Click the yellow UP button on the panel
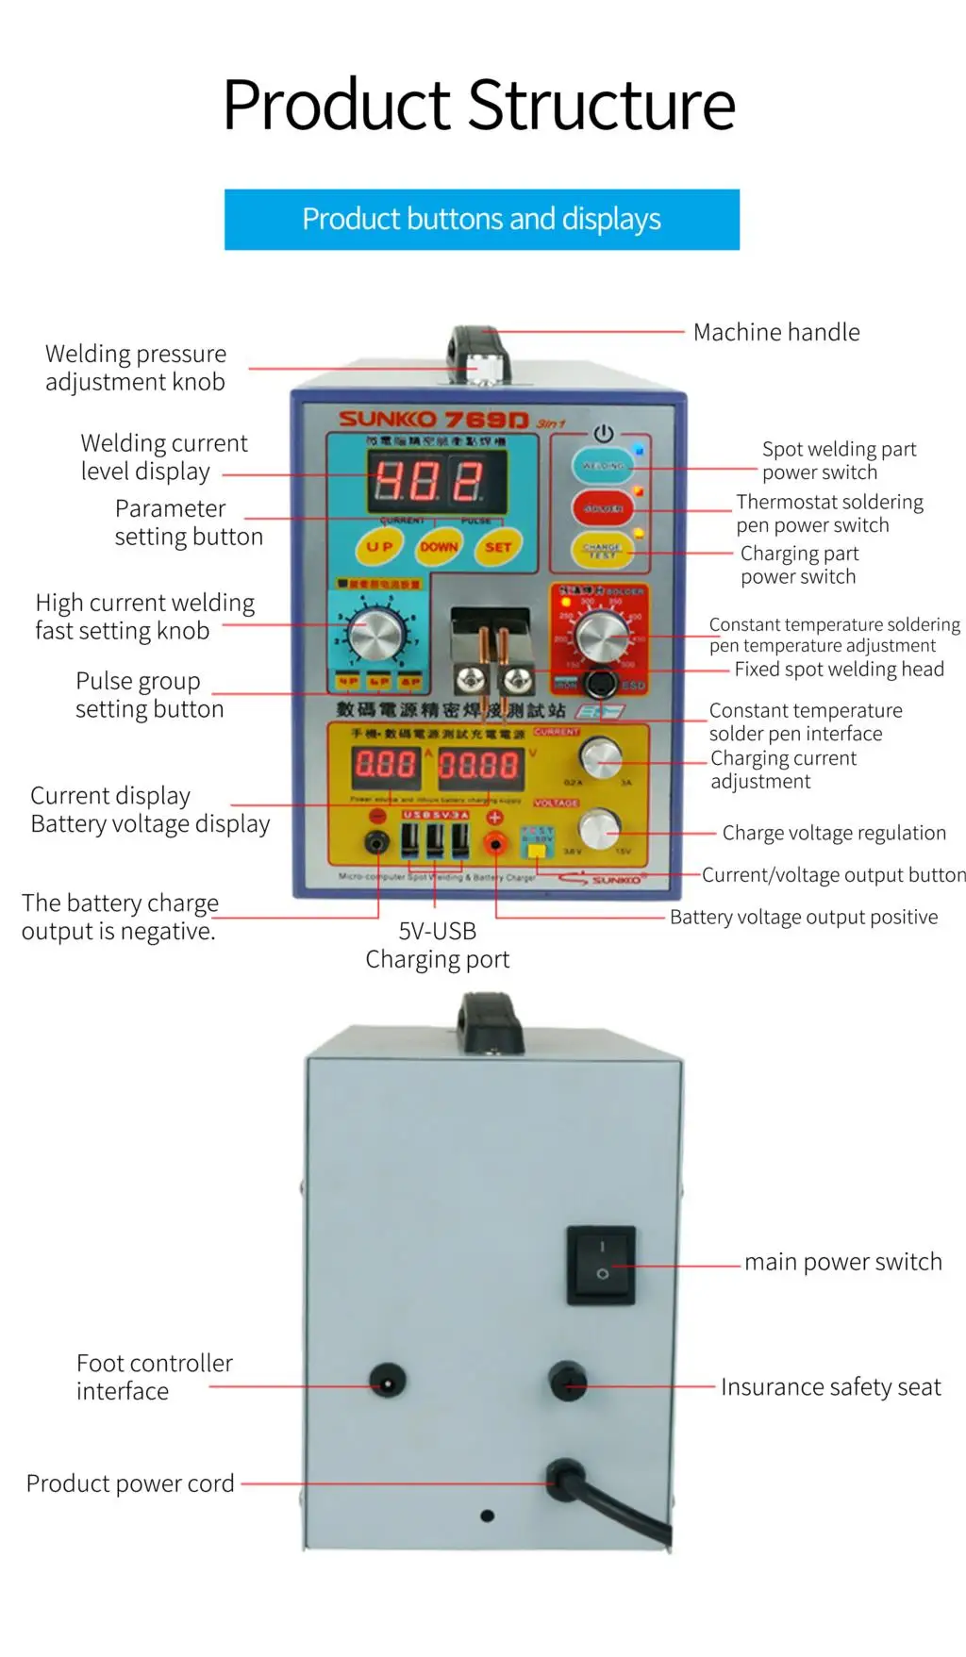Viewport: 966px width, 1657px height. pos(379,546)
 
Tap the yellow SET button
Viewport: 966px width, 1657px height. pos(497,546)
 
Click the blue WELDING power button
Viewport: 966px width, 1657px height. pos(603,466)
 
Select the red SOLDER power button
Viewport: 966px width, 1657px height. pos(603,508)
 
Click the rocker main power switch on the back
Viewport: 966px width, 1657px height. pos(601,1265)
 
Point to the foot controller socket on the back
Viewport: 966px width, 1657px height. pos(387,1384)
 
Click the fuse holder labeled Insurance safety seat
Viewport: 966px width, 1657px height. pos(568,1383)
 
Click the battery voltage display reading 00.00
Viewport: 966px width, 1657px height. pos(479,765)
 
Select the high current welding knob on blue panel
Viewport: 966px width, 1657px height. pos(375,634)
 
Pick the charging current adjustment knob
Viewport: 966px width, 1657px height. pos(601,756)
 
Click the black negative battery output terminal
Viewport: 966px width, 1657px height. pos(377,842)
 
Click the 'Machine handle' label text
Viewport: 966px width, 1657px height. pos(776,332)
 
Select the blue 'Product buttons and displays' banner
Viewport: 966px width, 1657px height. pos(481,219)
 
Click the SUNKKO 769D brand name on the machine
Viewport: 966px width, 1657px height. pos(434,419)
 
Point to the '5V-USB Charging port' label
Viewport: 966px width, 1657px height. pos(437,945)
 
